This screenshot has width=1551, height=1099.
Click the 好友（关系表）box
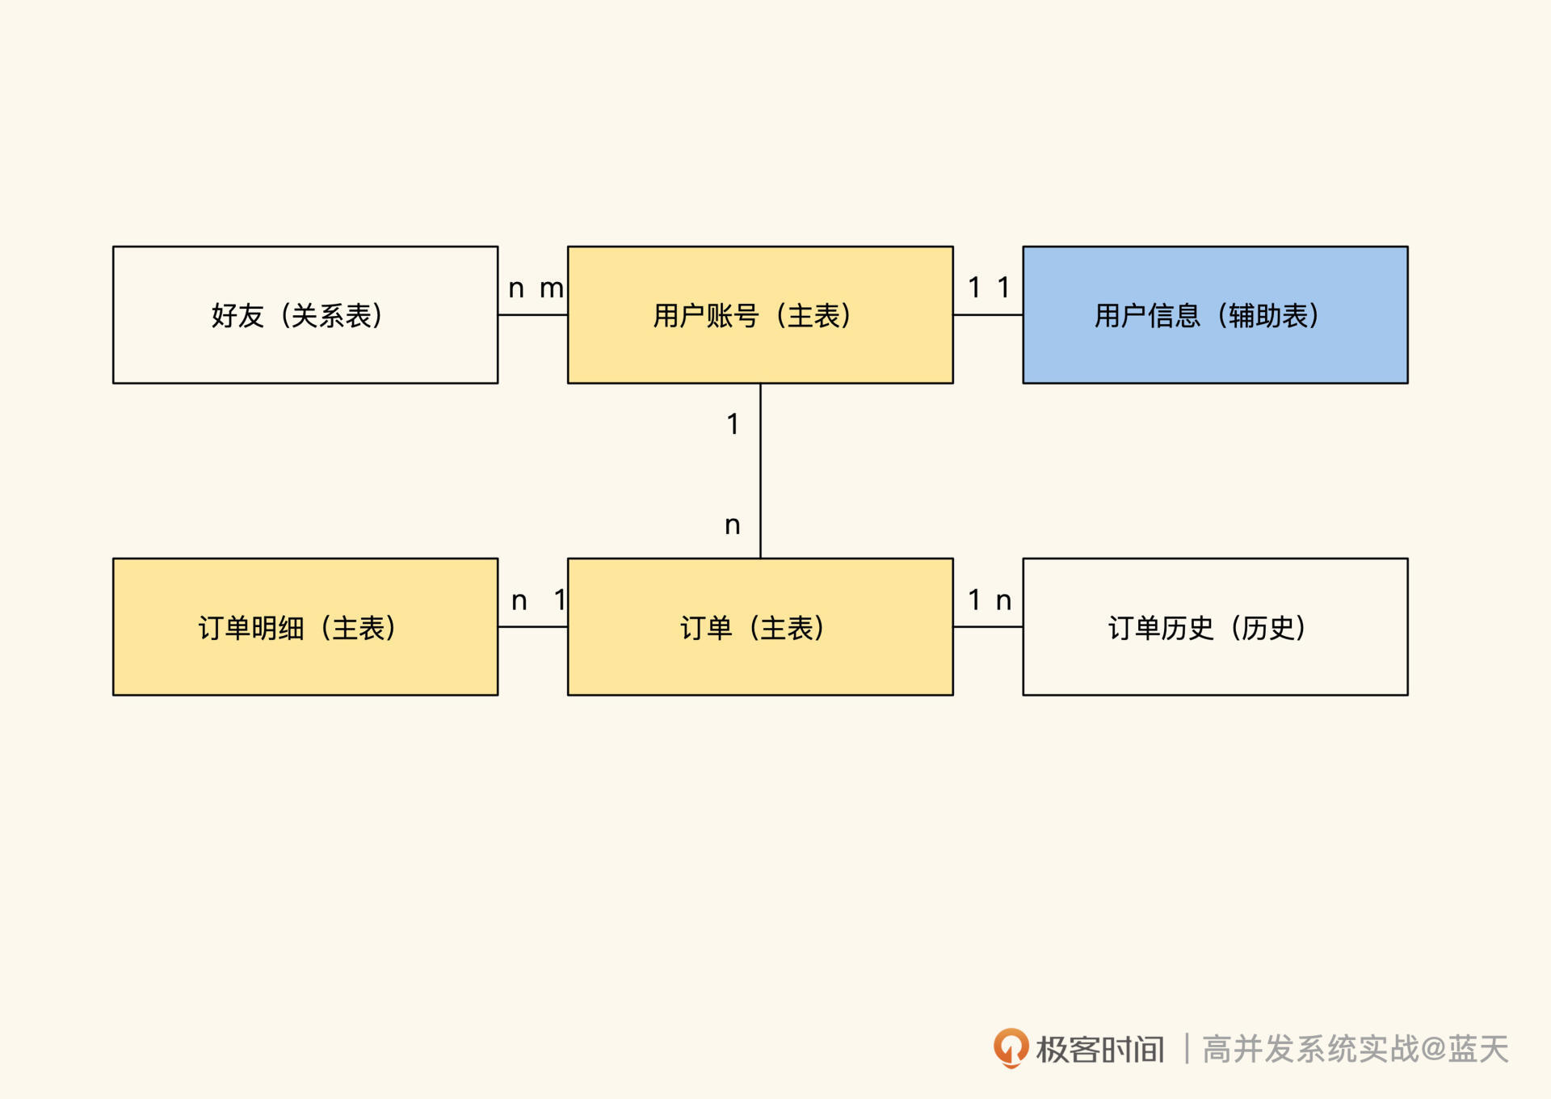(x=305, y=315)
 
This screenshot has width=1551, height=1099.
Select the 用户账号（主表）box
(x=760, y=315)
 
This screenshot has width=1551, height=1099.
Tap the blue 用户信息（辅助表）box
(x=1215, y=315)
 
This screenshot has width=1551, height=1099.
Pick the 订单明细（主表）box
(x=305, y=627)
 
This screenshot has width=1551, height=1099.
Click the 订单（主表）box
(x=760, y=627)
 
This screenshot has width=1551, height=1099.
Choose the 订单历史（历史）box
(x=1215, y=627)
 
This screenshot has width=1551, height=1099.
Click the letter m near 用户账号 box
(x=551, y=288)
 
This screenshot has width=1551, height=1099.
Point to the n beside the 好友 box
(x=516, y=288)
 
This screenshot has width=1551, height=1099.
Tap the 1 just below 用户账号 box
(x=733, y=424)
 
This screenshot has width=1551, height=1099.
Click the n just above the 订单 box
(x=733, y=526)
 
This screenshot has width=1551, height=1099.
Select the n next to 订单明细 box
(x=519, y=601)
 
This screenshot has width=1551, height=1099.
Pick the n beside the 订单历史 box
(x=1003, y=601)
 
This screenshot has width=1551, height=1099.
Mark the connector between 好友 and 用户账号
(x=532, y=315)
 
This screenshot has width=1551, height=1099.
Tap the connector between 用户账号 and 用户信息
(x=988, y=315)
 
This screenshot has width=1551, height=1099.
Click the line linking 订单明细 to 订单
(x=532, y=627)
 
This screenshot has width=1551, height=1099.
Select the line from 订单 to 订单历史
(x=988, y=627)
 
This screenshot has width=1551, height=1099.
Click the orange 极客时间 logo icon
(x=1011, y=1048)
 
